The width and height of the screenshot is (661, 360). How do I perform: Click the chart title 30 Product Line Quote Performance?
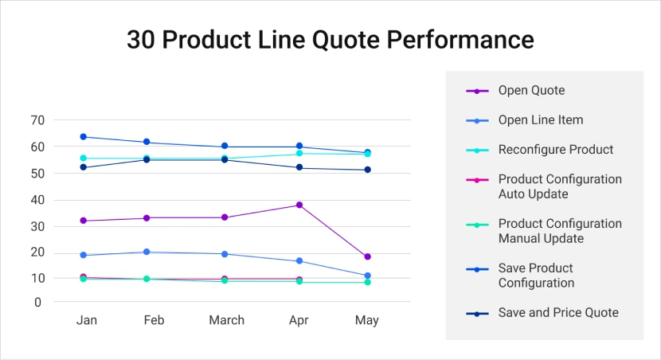[330, 39]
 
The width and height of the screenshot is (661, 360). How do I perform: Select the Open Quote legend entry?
[531, 91]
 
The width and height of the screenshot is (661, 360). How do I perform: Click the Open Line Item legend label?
[540, 120]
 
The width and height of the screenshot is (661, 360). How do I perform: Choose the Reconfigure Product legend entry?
[555, 150]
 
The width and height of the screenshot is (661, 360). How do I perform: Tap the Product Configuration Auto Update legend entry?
[559, 186]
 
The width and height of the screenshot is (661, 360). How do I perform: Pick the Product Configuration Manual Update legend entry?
[559, 231]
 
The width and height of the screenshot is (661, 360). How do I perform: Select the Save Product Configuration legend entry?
[535, 276]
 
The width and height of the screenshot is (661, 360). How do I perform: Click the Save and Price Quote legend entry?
[557, 313]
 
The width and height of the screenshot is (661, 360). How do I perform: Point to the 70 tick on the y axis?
[37, 120]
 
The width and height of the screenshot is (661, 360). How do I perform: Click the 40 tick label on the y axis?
[37, 200]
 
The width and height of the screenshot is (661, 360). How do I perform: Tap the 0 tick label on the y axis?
[37, 302]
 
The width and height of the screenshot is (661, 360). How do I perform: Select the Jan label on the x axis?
[86, 320]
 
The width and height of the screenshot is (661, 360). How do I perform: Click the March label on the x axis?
[226, 320]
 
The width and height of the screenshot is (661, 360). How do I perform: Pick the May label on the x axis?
[366, 320]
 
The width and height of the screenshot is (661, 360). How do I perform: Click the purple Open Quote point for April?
[299, 205]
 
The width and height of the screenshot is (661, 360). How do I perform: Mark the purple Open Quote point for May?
[367, 256]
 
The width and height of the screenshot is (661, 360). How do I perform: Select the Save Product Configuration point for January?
[83, 137]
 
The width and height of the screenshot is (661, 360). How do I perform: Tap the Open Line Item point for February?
[146, 252]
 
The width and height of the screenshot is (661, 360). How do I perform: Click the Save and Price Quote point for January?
[83, 167]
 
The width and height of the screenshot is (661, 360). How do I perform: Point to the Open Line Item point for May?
[367, 276]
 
